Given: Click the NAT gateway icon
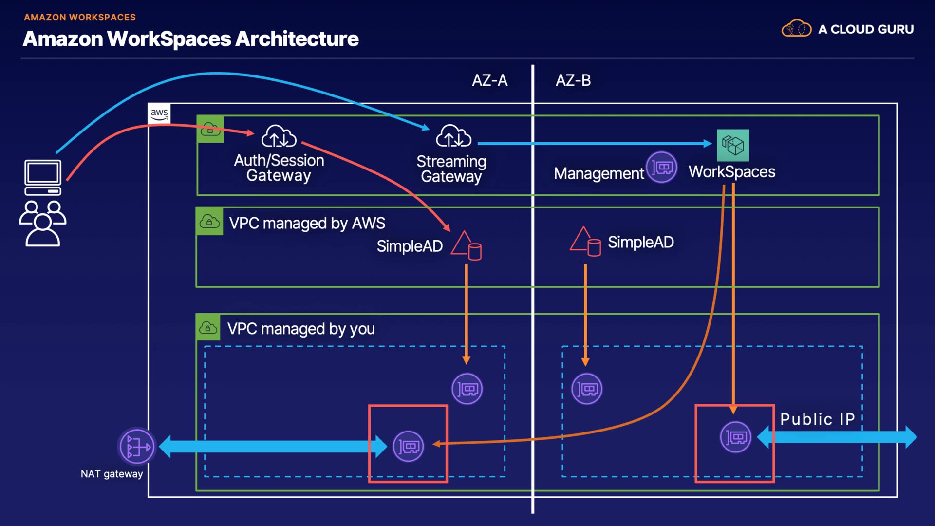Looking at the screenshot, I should [x=137, y=446].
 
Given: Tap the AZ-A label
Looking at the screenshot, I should [x=489, y=80].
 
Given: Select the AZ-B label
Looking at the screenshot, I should [x=573, y=80].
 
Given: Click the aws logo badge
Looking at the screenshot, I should [x=159, y=113].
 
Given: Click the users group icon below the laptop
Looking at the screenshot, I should [x=43, y=223].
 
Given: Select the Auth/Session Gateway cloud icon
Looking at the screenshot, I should [x=279, y=136].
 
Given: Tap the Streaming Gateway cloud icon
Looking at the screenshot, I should [x=453, y=136].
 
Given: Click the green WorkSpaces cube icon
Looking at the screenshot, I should [x=732, y=145].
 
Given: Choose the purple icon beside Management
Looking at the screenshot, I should [x=661, y=168].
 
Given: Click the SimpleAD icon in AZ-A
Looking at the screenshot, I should [x=466, y=245].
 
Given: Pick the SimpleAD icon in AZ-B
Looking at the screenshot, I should [x=585, y=242].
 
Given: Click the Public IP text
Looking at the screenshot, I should [x=817, y=419].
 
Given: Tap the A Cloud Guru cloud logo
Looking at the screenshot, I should [x=796, y=29].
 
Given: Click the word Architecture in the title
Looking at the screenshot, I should [x=297, y=39].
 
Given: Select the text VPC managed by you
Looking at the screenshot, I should [x=301, y=329].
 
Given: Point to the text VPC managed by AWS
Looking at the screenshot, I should [x=307, y=223].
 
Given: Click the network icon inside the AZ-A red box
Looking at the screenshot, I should [x=408, y=446].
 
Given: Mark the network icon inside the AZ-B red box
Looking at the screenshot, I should [x=735, y=437].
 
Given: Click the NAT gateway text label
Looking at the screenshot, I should [x=112, y=474].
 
